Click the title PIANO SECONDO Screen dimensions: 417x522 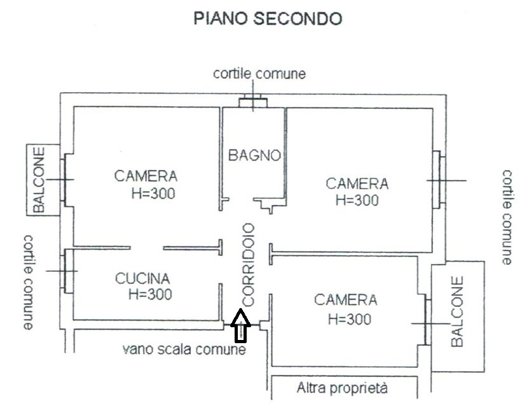(267, 19)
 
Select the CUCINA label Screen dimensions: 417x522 (142, 278)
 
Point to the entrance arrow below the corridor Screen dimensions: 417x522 (240, 326)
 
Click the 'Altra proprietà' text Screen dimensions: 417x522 (342, 387)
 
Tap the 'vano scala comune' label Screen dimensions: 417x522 (184, 349)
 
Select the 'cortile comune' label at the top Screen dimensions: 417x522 (259, 74)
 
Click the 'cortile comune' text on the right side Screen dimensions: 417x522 (507, 217)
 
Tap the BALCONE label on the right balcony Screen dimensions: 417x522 (457, 311)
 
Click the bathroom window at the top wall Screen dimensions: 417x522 (253, 101)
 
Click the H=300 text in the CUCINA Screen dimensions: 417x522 (150, 294)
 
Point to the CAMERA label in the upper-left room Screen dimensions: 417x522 (146, 176)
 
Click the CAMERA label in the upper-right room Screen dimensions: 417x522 (357, 183)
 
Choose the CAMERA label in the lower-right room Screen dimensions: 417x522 (345, 300)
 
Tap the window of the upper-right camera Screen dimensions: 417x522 (437, 180)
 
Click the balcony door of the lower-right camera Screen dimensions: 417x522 (425, 323)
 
